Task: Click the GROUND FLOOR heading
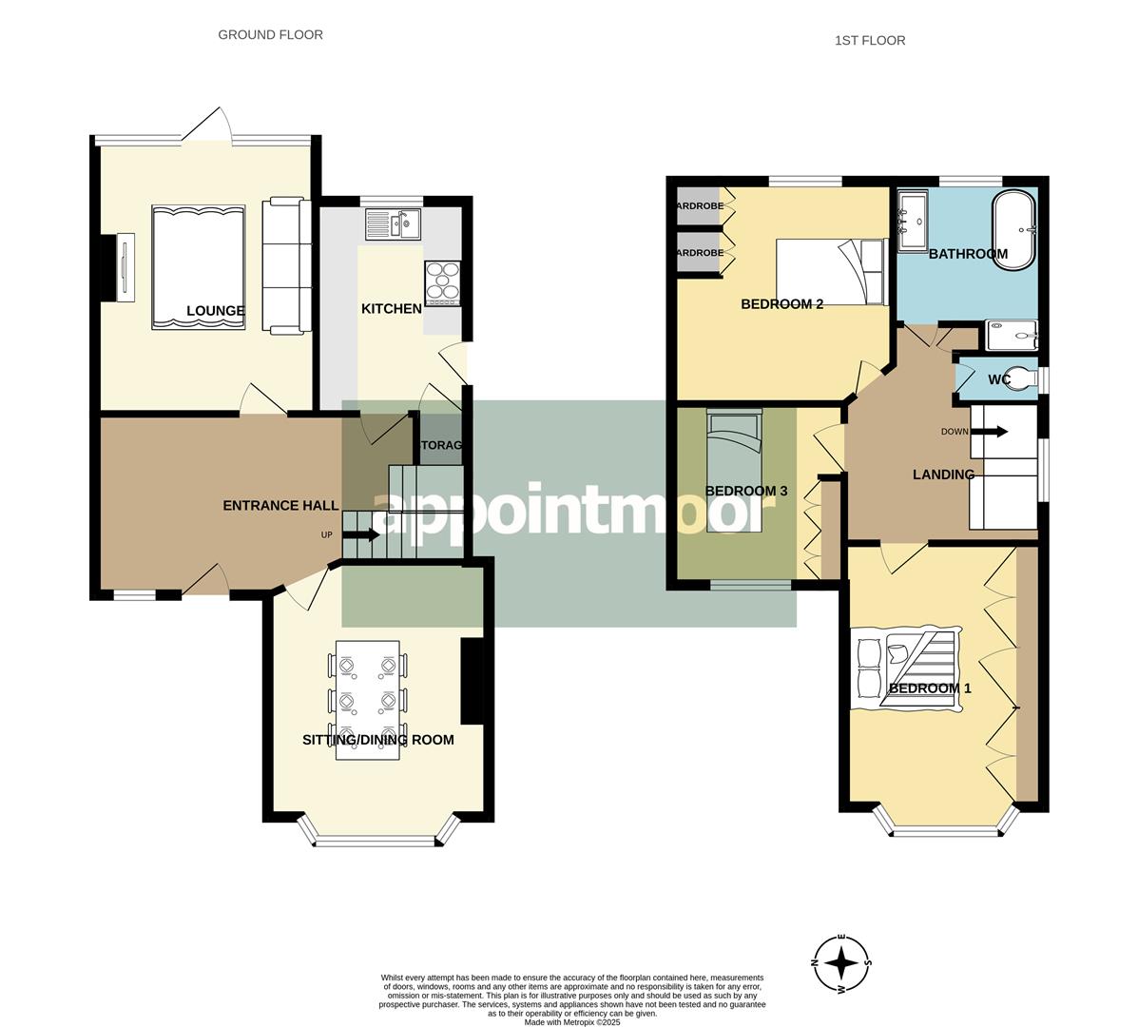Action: click(x=270, y=35)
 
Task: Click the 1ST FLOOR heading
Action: click(x=869, y=40)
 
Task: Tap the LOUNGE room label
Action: click(x=216, y=311)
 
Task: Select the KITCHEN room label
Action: click(x=391, y=308)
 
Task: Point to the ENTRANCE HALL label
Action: click(x=280, y=505)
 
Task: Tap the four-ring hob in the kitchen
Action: click(x=442, y=281)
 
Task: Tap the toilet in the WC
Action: click(x=1023, y=378)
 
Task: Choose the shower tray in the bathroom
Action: click(x=1012, y=335)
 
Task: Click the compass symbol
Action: click(x=841, y=963)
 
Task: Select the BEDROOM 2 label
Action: click(x=781, y=304)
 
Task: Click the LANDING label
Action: click(x=943, y=475)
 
